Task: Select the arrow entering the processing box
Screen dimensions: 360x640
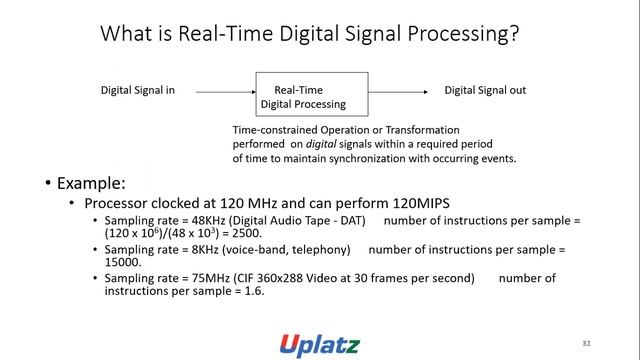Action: (x=226, y=91)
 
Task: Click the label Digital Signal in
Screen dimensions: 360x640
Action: (x=138, y=90)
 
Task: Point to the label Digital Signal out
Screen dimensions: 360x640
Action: (x=485, y=90)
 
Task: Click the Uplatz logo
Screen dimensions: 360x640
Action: (x=319, y=342)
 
